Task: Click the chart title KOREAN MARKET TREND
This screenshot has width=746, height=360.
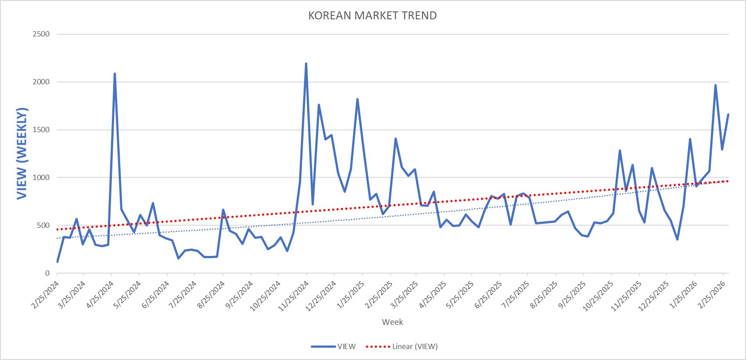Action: [372, 16]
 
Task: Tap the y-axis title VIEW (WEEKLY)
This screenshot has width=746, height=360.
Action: [22, 153]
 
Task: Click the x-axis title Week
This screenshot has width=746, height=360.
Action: [392, 322]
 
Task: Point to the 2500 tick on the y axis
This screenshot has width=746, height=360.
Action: [41, 34]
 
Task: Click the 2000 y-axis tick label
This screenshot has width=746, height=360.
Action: [41, 82]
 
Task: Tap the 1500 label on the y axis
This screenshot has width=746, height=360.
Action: [41, 130]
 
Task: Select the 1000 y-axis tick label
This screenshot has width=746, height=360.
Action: [41, 178]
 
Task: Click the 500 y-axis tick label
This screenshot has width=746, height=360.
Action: [43, 226]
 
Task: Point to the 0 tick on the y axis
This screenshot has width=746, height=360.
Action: [47, 274]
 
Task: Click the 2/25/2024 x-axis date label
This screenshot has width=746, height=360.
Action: [46, 295]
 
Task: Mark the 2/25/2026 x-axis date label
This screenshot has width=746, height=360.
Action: [712, 295]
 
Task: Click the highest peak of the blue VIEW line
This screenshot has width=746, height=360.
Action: [306, 64]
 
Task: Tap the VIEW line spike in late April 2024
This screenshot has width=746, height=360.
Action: [115, 74]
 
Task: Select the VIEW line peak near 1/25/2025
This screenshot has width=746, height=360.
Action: [357, 99]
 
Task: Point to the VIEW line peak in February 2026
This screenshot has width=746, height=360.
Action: [715, 85]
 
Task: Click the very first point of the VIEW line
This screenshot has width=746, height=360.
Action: [57, 262]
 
